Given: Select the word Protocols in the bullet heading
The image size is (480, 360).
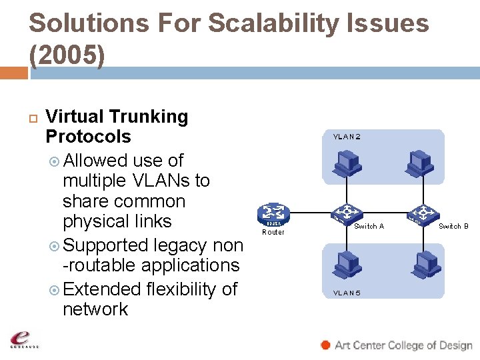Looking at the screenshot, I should point(88,137).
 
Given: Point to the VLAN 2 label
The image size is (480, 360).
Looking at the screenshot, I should point(347,137).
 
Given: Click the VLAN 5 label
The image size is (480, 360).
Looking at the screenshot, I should point(347,293).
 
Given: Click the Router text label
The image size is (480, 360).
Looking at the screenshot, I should point(273,232).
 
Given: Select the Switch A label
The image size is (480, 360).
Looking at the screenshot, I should point(369,227).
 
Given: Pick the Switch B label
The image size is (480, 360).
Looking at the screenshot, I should point(453,227).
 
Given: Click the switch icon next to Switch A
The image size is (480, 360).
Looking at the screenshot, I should point(345,214).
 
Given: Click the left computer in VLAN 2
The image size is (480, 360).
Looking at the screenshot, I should point(347,163).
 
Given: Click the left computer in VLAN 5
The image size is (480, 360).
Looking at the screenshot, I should point(347,263).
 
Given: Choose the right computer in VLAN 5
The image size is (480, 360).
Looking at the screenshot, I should point(423,263).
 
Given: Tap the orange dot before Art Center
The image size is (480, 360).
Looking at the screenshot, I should point(325,345).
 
